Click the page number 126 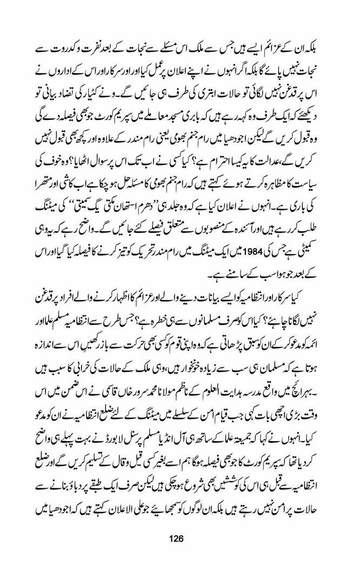point(176,539)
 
